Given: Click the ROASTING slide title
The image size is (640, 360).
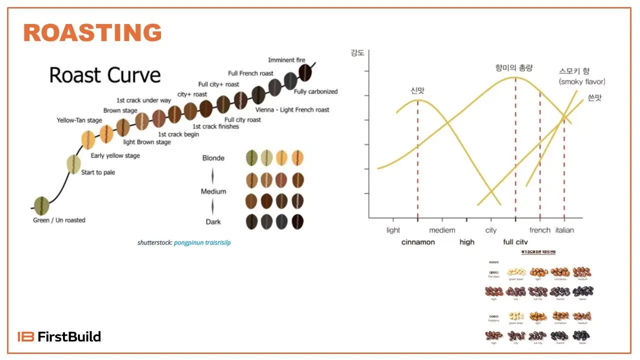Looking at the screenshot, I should coord(92,33).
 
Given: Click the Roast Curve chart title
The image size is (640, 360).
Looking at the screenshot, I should coord(105,75).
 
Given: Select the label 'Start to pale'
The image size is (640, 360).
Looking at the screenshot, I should coord(98,172).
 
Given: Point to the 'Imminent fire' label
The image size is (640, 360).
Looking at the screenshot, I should coord(286,60).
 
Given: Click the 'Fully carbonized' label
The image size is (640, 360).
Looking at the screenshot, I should coord(315,92).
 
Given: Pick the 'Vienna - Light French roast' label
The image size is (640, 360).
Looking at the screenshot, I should coord(292,110).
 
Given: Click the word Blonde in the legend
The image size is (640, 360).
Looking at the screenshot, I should coord(213,158).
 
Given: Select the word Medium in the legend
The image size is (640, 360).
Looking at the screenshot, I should coord(213,191).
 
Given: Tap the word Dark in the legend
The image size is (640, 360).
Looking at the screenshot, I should coord(213,222).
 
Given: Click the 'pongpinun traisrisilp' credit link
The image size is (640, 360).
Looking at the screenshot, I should coord(202,243).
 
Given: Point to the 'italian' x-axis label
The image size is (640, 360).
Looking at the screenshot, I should coord(564,230).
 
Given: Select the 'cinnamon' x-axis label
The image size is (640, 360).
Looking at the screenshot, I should coord(418,242).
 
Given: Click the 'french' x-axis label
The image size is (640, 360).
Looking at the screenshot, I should coord(539,230).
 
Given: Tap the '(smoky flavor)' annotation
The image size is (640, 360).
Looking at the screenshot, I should coord(582,82).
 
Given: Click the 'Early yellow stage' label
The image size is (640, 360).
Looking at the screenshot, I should coord(115,156).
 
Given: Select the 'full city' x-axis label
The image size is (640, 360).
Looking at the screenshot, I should coord(515,242).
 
